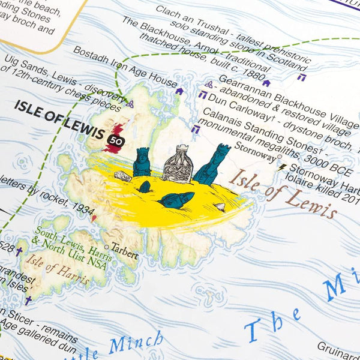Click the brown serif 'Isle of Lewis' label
coord(284,193)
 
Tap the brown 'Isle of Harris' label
coord(59,274)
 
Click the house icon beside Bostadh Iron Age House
coord(179,91)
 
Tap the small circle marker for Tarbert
coord(106,247)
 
